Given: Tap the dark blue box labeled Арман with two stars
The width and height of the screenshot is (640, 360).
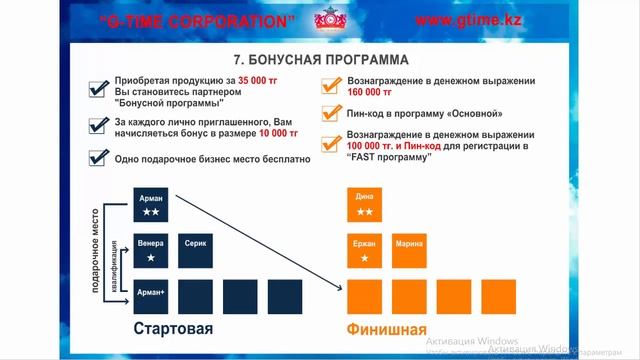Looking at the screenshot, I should coord(152,204).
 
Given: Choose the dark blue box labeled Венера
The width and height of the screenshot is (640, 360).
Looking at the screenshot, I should coord(152,249).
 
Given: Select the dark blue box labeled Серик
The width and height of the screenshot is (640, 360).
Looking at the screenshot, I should coord(196,249).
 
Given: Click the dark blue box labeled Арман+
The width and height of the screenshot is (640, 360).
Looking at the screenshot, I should coord(152,295).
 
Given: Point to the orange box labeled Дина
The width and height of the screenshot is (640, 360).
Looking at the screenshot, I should coord(365,204).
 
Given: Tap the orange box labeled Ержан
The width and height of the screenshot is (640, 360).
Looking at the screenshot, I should coord(365,249).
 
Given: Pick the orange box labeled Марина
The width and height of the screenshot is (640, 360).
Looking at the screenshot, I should coord(409,249).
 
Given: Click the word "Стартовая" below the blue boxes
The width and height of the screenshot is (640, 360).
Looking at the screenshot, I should coord(174,329).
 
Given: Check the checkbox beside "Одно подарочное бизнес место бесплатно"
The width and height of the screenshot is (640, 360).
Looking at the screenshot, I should coord(97,158).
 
